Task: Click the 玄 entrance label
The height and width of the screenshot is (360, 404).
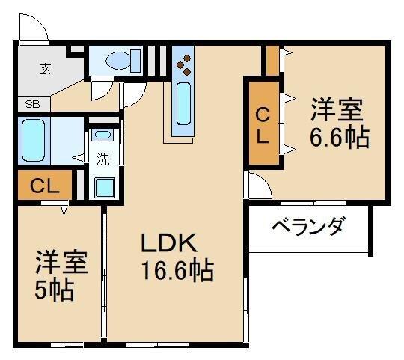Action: point(45,70)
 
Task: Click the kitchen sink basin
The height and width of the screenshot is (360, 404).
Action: point(183,104)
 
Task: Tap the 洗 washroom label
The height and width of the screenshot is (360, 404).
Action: point(102,159)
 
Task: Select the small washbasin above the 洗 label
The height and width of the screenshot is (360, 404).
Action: point(102,135)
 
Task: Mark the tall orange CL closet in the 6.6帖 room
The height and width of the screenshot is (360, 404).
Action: point(264,126)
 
